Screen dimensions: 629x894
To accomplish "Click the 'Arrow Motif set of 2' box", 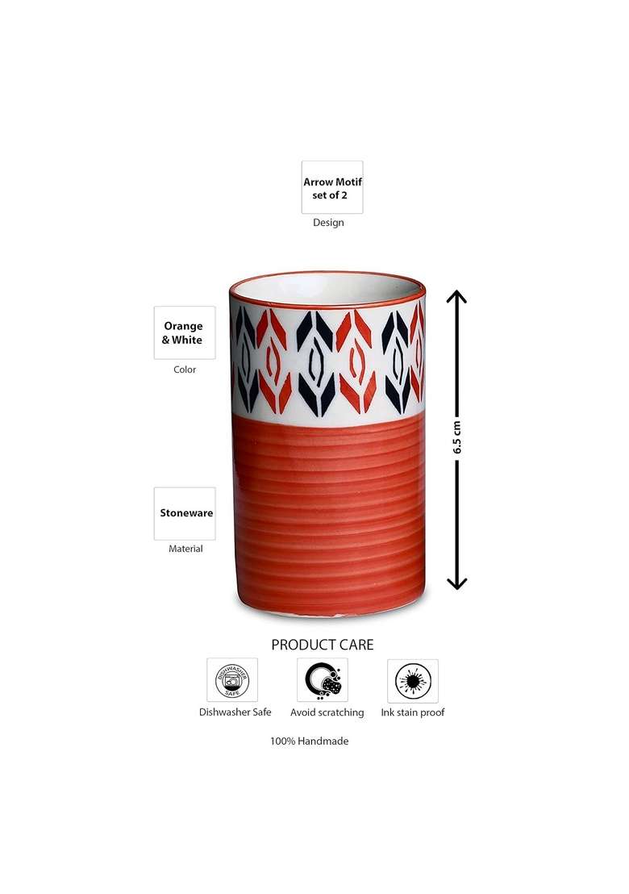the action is tap(332, 187).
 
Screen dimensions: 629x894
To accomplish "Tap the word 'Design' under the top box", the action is tap(328, 223).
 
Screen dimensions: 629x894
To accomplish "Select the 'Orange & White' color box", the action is tap(185, 332).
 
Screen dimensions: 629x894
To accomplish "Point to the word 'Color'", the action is tap(185, 370).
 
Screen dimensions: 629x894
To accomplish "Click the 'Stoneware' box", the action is tap(185, 513).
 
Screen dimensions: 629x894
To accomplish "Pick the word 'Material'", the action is tap(185, 549).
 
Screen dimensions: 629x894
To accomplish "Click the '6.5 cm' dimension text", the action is tap(457, 437).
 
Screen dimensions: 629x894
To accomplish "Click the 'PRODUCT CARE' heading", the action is tap(323, 645).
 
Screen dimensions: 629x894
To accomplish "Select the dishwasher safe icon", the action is tap(232, 679).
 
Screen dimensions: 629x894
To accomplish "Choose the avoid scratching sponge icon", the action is tap(323, 679).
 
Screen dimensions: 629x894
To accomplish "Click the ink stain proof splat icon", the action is tap(413, 681).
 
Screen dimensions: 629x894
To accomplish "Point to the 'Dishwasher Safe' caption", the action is tap(235, 712).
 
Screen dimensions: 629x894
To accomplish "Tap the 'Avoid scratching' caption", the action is tap(327, 712).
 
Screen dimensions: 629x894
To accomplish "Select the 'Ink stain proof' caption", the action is tap(413, 712).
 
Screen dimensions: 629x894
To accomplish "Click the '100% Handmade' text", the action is tap(310, 742).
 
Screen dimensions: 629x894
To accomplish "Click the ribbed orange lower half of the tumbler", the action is tap(328, 516).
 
